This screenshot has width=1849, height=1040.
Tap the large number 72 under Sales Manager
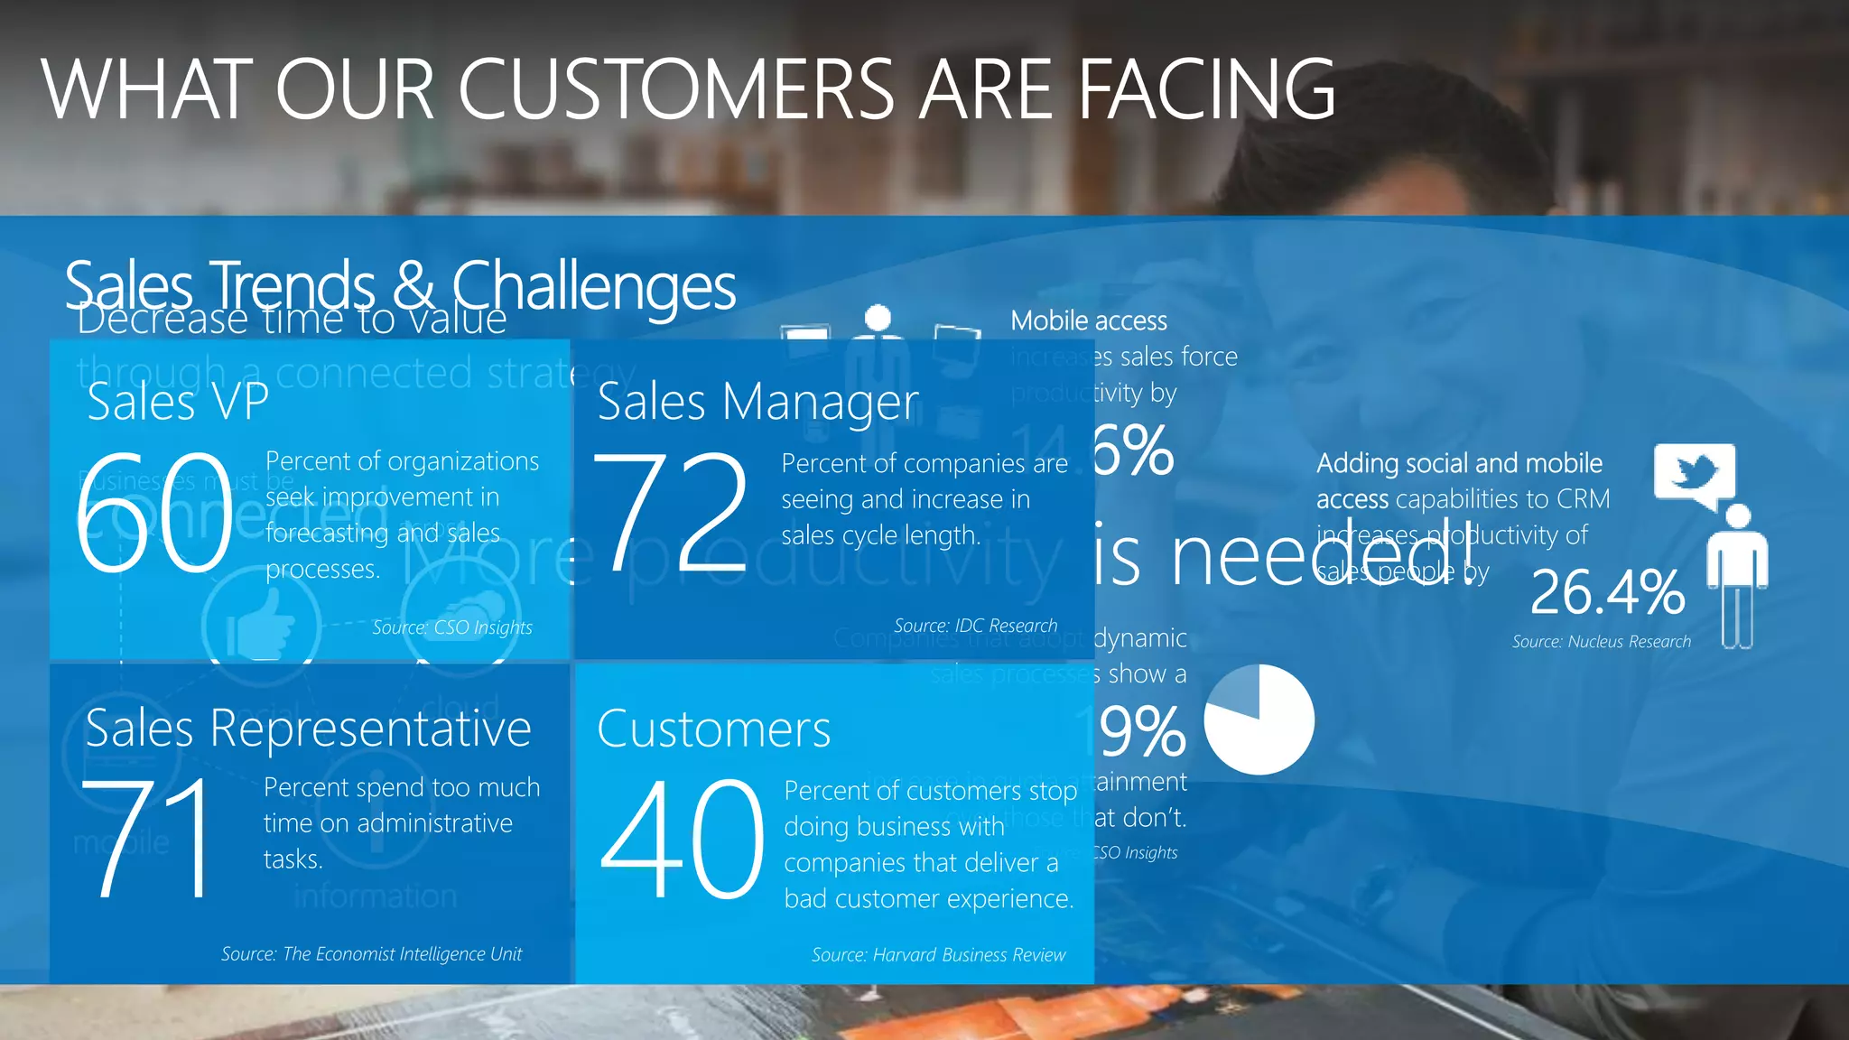(671, 512)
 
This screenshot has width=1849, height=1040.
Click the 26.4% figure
(1607, 592)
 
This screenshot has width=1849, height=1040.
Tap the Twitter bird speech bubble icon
(1694, 475)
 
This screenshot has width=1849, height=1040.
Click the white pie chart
(1259, 720)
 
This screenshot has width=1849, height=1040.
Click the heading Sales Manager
(757, 402)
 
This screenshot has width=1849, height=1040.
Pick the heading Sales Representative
(308, 728)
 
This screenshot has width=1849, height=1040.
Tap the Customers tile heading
(713, 729)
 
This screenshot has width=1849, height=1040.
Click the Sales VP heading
(178, 402)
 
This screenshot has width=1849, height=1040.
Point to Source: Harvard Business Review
(938, 954)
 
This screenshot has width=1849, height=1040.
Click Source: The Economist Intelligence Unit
(371, 953)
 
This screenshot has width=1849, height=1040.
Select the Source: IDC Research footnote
(975, 626)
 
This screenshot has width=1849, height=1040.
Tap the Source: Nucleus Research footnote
(1601, 642)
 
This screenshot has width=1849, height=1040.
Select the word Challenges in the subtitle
(593, 286)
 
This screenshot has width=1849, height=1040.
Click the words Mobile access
(1088, 320)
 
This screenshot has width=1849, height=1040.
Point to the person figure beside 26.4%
(1737, 578)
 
